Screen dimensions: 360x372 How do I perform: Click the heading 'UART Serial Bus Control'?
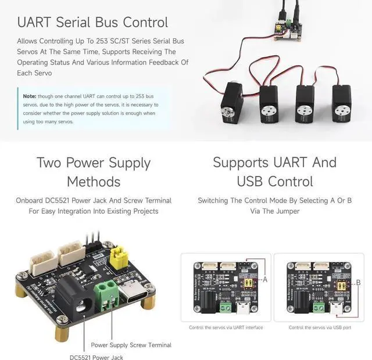coord(92,23)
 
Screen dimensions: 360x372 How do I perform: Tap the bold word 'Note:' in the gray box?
coord(30,96)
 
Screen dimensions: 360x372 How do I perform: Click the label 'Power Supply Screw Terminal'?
coord(131,345)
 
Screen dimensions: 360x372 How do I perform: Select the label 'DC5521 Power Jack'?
coord(96,357)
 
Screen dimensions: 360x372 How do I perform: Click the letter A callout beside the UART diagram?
coord(266,280)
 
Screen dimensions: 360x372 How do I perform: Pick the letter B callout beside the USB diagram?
coord(358,283)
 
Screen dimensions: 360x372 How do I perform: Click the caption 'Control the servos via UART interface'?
coord(226,327)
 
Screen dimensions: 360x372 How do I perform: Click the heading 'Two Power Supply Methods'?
coord(93,171)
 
